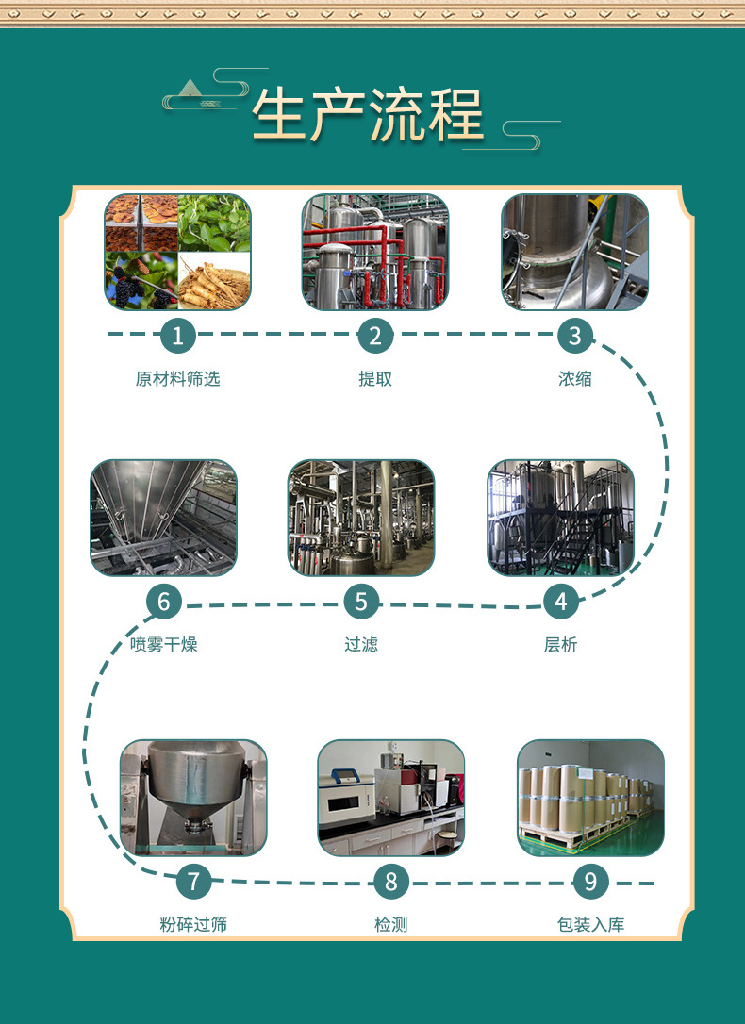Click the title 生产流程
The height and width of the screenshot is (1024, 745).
click(x=367, y=115)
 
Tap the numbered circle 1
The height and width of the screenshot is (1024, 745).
click(x=177, y=335)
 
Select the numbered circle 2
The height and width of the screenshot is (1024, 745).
click(x=375, y=335)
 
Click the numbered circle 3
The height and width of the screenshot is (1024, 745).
click(x=574, y=335)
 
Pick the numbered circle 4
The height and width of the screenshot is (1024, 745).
click(x=561, y=601)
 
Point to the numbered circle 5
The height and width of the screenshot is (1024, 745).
click(x=361, y=601)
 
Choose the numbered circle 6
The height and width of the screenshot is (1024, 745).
click(x=163, y=601)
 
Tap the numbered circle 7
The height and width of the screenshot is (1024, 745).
click(x=194, y=882)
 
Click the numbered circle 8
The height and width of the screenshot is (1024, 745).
click(x=391, y=882)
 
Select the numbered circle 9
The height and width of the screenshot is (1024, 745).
click(x=590, y=882)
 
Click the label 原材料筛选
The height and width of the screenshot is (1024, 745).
click(x=177, y=379)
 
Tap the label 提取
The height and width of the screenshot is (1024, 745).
click(x=375, y=379)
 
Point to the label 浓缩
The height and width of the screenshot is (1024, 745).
click(x=574, y=379)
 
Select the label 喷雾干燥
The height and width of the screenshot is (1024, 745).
click(x=163, y=645)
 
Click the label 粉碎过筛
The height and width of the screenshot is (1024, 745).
click(x=193, y=925)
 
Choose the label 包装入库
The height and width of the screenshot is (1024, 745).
click(x=590, y=925)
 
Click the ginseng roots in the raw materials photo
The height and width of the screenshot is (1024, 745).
click(x=215, y=281)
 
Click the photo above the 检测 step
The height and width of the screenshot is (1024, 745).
click(x=391, y=798)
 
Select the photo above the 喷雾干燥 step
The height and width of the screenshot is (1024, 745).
click(x=163, y=518)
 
